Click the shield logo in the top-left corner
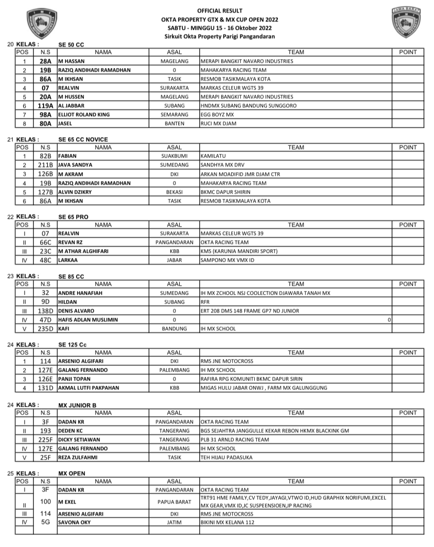[40, 24]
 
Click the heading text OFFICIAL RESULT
[220, 11]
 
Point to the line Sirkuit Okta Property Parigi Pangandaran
[220, 36]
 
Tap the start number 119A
[45, 105]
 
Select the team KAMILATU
[213, 157]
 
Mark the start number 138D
[45, 311]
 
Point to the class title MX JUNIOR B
[77, 405]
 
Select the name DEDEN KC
[72, 431]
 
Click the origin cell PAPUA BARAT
[174, 501]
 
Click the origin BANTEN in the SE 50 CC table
[174, 123]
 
